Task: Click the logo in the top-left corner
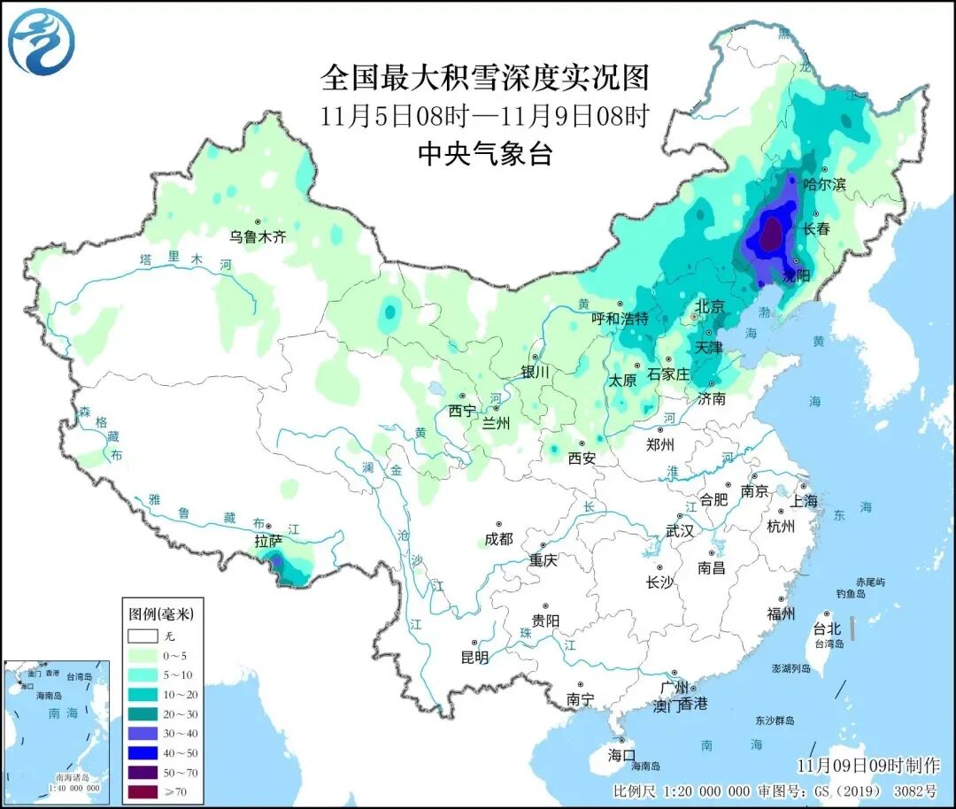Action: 41,42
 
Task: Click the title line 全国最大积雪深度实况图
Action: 484,78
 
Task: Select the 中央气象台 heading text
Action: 484,154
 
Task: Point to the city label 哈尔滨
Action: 824,184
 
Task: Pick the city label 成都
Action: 499,538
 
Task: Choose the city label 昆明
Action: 474,657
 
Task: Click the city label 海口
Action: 621,755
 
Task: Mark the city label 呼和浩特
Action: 620,318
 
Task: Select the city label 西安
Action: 582,458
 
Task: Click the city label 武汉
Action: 680,531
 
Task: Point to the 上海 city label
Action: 805,502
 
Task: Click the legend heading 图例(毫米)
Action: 160,613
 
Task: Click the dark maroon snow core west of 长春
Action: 772,235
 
